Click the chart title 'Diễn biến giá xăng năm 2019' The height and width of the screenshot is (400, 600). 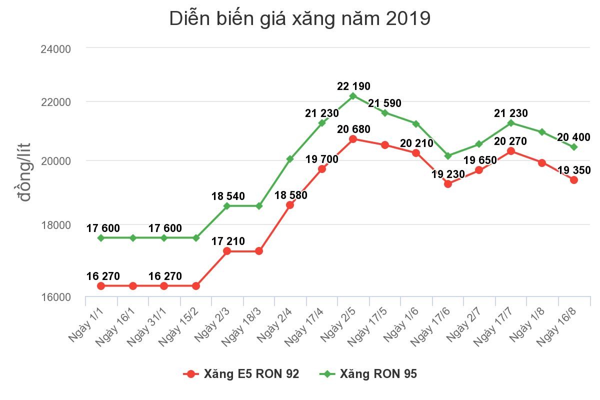(299, 19)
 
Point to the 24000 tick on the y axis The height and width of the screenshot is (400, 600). (56, 49)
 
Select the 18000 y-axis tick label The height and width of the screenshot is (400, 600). (56, 225)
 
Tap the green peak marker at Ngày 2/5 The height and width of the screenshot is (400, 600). (353, 96)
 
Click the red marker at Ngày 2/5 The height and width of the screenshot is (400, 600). (353, 139)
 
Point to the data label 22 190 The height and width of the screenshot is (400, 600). (353, 86)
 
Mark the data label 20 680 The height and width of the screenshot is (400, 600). (353, 129)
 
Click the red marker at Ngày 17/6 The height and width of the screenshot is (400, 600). (447, 184)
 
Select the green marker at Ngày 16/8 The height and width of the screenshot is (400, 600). (574, 147)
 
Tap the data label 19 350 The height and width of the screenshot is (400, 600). (574, 170)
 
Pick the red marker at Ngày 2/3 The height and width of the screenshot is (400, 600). (227, 251)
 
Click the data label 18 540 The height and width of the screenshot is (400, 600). (228, 196)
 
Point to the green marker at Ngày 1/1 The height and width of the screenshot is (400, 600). (101, 238)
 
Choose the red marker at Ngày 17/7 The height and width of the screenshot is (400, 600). (510, 151)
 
